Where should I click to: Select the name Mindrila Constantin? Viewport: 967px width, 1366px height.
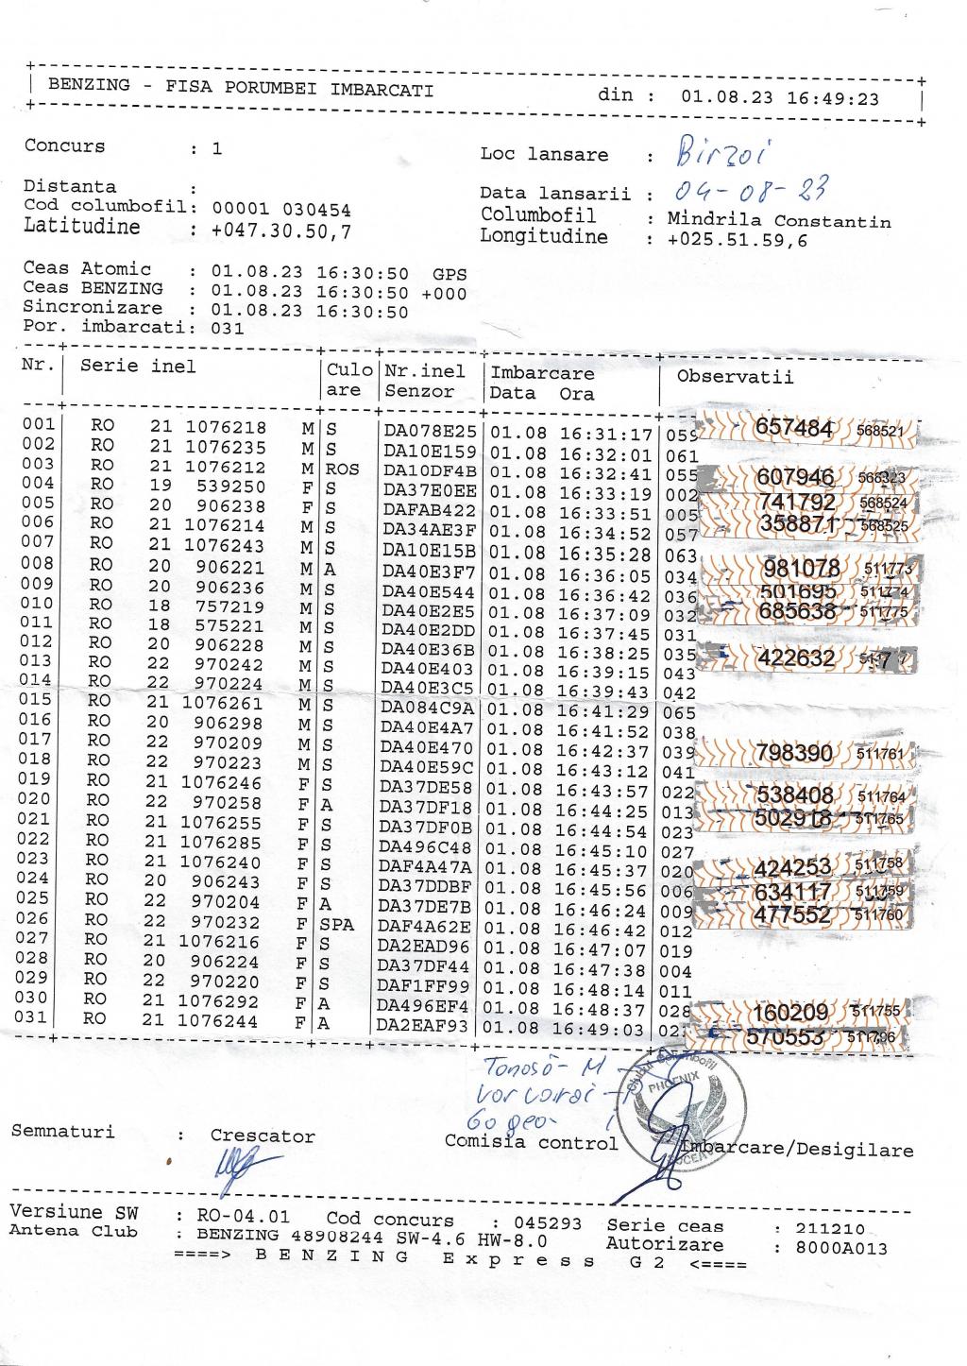[x=779, y=220]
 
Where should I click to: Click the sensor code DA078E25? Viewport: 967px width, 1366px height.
[x=430, y=434]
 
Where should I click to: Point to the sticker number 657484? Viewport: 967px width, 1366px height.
[x=795, y=429]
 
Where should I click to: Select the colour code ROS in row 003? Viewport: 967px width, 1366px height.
[x=343, y=469]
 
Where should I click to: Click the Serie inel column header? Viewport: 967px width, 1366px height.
[x=138, y=367]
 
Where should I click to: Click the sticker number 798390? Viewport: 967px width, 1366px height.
[x=793, y=753]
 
